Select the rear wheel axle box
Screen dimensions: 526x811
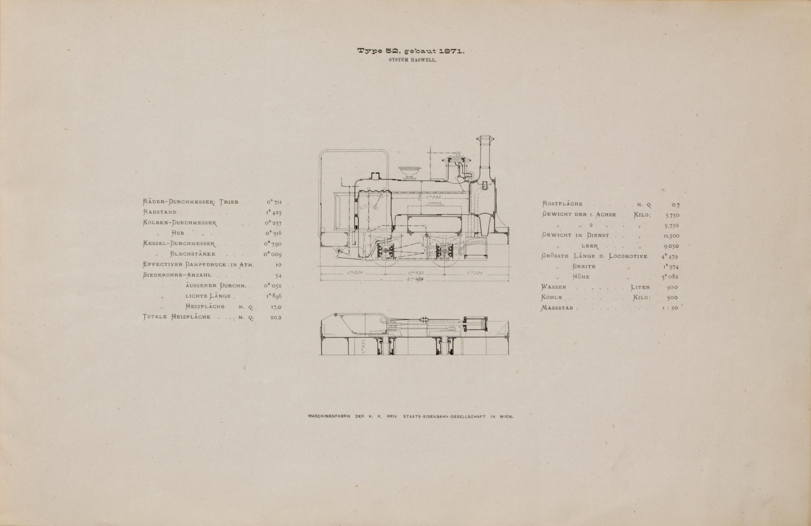pyautogui.click(x=384, y=252)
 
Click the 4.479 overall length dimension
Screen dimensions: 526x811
pyautogui.click(x=414, y=279)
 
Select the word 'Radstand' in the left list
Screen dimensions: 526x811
pyautogui.click(x=160, y=212)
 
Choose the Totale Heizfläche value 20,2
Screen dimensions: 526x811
pyautogui.click(x=276, y=317)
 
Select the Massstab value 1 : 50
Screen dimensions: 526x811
pyautogui.click(x=670, y=308)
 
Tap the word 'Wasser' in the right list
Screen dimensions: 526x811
pyautogui.click(x=554, y=287)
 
